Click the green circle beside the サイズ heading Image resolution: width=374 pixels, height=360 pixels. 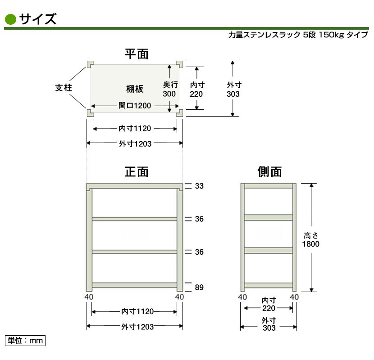[10, 19]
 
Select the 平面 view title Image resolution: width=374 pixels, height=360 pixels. [137, 54]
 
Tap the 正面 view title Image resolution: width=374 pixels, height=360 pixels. [137, 172]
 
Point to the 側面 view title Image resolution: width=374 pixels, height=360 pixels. [269, 172]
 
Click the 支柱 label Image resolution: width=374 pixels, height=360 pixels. [64, 88]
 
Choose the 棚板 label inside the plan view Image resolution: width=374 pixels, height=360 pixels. [135, 89]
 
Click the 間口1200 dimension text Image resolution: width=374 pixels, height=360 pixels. [135, 105]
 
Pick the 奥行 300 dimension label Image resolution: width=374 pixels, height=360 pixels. [170, 89]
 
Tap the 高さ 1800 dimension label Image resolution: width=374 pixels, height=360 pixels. [311, 240]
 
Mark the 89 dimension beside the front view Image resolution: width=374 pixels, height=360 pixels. [199, 288]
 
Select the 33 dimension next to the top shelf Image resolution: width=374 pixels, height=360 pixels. [199, 186]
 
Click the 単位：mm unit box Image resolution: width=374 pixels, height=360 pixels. [25, 341]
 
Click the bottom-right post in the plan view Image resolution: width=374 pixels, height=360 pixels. [180, 113]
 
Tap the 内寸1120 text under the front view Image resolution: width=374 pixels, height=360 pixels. [137, 311]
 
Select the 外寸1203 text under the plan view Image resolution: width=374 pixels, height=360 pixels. [135, 144]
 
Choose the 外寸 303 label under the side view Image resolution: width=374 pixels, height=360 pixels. [269, 324]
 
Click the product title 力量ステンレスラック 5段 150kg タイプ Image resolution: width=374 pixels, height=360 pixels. [298, 35]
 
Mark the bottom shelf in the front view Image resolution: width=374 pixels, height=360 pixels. [135, 285]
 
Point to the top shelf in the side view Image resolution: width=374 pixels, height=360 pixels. [269, 185]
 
